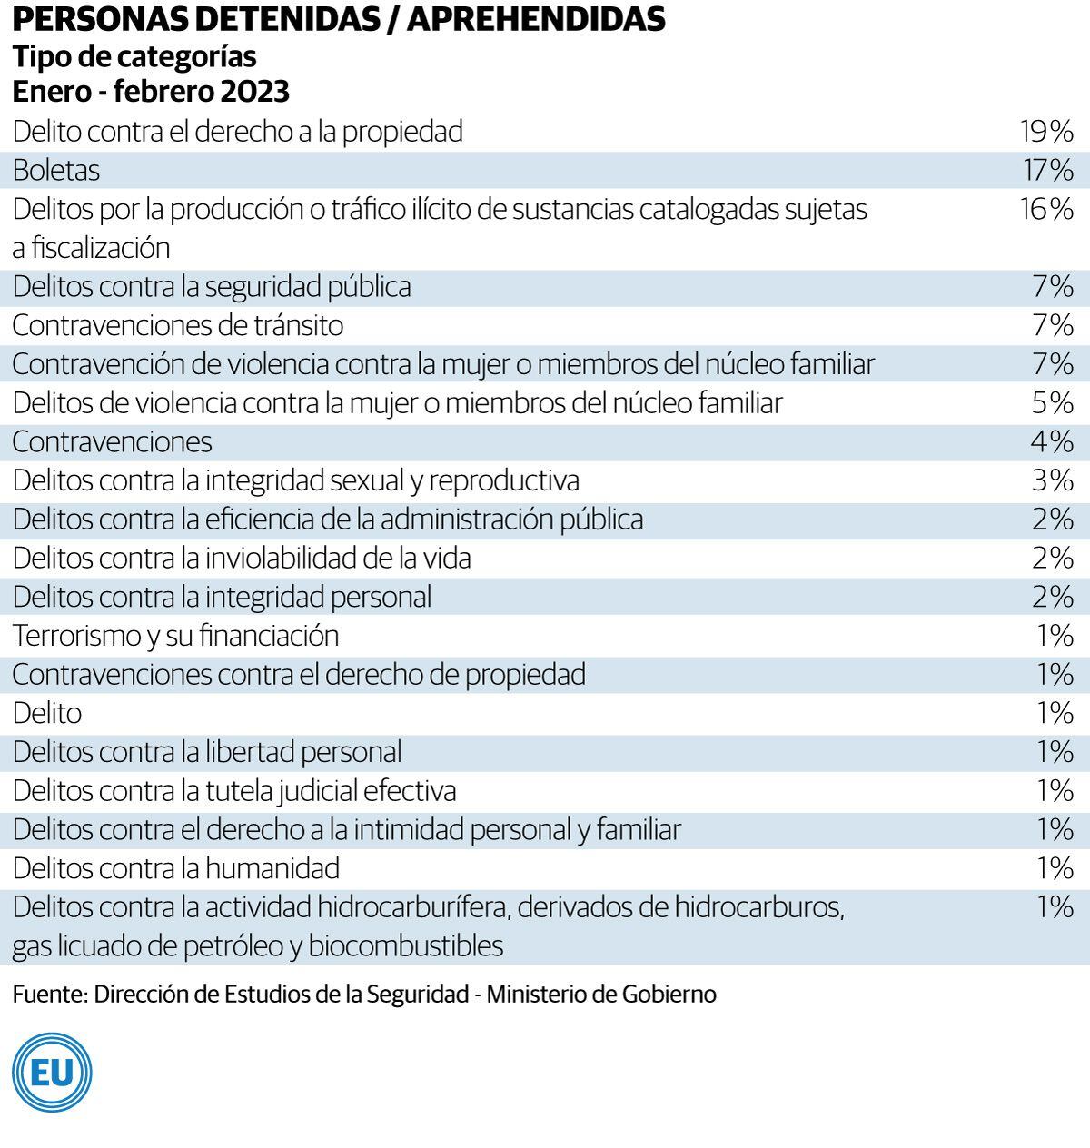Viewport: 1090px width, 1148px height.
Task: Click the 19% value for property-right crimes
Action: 1046,132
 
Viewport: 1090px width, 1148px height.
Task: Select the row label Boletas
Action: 56,171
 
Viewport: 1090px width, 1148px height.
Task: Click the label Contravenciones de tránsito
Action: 178,325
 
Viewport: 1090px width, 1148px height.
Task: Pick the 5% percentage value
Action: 1053,402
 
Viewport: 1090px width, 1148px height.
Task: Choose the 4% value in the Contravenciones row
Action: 1053,441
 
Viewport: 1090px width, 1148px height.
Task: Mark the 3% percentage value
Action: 1053,480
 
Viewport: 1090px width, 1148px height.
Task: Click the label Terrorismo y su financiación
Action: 175,636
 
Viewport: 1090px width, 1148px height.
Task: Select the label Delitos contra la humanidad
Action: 176,868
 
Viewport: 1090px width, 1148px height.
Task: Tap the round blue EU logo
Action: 52,1073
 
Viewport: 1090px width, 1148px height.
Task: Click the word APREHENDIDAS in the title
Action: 536,20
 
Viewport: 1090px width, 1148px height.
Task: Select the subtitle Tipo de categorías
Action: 134,56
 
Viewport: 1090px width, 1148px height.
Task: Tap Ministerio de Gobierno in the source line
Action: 601,994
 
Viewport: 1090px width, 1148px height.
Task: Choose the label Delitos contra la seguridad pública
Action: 212,287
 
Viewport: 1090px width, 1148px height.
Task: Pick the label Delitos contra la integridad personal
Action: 223,597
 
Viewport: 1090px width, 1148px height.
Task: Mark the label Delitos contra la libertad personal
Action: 207,752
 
